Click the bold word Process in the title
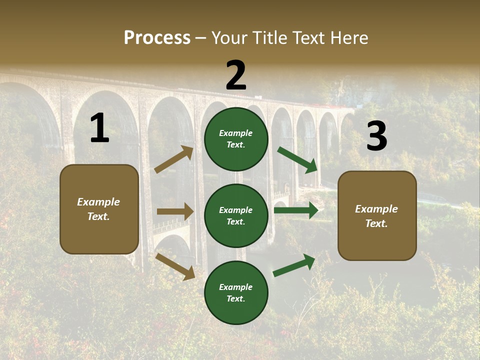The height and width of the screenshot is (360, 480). click(x=157, y=37)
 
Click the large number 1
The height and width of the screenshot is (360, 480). click(x=99, y=128)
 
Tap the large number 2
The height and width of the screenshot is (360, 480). click(x=236, y=75)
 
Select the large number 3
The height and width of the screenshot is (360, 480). click(x=376, y=136)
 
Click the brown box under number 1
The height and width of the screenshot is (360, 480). click(x=99, y=209)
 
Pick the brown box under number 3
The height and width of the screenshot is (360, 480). click(x=377, y=216)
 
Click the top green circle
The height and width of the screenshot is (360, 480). click(x=236, y=139)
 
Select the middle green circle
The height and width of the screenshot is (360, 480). click(x=236, y=216)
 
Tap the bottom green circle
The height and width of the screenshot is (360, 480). click(x=236, y=293)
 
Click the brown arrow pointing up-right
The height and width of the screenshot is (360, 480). click(x=174, y=159)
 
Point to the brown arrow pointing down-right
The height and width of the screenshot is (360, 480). click(x=175, y=266)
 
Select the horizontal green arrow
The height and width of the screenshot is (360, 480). click(x=296, y=210)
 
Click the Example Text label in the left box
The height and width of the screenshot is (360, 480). click(x=98, y=209)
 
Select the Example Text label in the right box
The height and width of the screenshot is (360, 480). click(x=376, y=216)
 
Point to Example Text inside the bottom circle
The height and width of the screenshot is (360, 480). click(x=236, y=293)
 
